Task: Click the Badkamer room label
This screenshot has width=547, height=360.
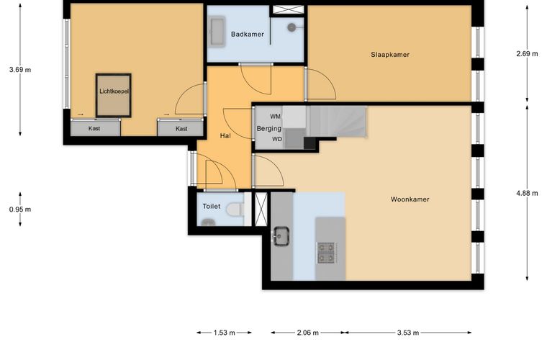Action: pos(248,34)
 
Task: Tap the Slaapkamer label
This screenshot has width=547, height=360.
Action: pos(390,55)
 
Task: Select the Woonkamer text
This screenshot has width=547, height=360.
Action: pos(410,199)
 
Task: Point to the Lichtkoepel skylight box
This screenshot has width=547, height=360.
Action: pos(114,95)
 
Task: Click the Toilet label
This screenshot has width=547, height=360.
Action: pos(212,206)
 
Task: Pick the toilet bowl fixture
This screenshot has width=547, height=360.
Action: pos(235,209)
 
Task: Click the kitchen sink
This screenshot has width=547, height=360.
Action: pos(281,236)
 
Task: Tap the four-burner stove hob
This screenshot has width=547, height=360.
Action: pos(327,253)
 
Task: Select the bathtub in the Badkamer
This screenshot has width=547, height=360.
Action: pos(217,32)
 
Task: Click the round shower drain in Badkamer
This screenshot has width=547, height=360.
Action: pos(291,27)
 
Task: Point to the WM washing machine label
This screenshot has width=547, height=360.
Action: pos(275,117)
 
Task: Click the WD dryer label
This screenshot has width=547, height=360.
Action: pos(277,139)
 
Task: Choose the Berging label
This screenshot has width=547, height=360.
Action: pos(269,128)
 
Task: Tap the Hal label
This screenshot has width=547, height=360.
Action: pos(225,136)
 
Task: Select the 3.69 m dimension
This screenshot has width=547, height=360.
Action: pos(20,70)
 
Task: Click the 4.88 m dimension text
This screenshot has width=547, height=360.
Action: pos(527,193)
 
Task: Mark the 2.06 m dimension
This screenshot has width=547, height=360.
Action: pos(308,333)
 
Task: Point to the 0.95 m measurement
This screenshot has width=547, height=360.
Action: pos(20,210)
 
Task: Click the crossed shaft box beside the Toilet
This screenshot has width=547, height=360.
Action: pos(261,209)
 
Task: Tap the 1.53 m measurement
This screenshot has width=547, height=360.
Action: pos(225,333)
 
